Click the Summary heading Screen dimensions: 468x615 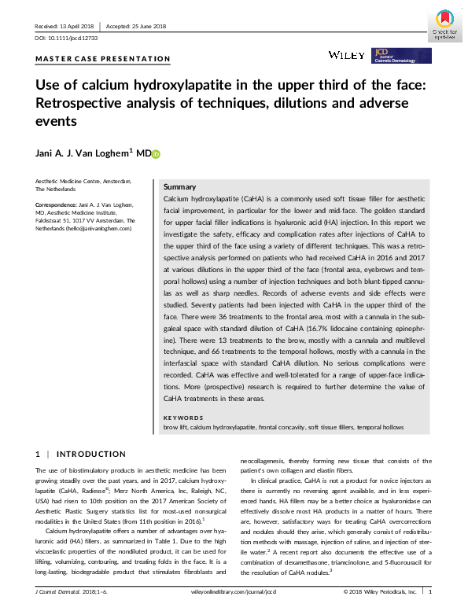(179, 187)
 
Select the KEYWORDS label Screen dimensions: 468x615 (182, 418)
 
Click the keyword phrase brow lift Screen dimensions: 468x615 (175, 426)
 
